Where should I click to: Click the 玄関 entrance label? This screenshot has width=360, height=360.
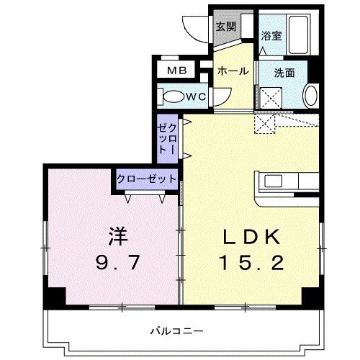[x=225, y=27]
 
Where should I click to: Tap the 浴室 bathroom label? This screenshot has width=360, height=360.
[x=271, y=36]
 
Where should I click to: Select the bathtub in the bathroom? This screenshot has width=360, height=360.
[x=298, y=35]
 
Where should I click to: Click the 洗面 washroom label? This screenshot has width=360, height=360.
[x=284, y=73]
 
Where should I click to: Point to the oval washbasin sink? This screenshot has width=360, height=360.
[x=310, y=95]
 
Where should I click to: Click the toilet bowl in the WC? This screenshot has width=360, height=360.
[x=173, y=96]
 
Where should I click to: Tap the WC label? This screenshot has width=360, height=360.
[x=197, y=96]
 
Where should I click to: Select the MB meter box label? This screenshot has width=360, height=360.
[x=177, y=71]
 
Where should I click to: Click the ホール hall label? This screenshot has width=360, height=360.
[x=233, y=71]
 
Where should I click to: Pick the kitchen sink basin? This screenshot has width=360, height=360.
[x=273, y=181]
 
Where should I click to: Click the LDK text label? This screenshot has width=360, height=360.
[x=251, y=238]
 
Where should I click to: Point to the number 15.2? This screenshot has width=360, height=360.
[x=252, y=263]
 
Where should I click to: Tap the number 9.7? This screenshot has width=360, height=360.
[x=117, y=262]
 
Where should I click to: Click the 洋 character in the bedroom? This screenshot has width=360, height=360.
[x=117, y=236]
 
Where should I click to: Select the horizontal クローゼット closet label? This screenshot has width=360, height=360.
[x=146, y=179]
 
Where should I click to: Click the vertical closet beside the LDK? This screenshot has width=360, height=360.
[x=167, y=139]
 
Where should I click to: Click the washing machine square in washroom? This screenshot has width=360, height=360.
[x=271, y=98]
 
